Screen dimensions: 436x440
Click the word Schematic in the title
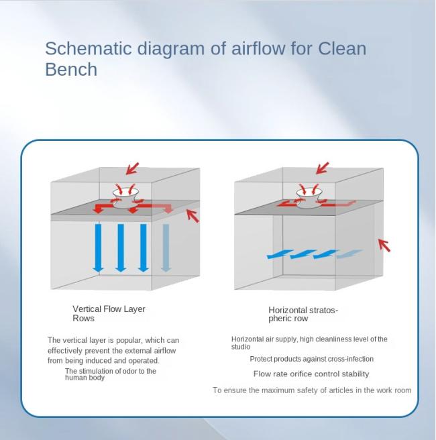click(x=88, y=48)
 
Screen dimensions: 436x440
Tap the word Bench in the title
click(x=71, y=69)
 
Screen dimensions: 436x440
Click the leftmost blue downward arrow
click(x=98, y=248)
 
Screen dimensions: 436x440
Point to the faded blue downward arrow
click(x=166, y=248)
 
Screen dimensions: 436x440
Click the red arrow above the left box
click(x=132, y=168)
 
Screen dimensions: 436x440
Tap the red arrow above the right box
click(x=322, y=168)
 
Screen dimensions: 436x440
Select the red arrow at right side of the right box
click(x=384, y=245)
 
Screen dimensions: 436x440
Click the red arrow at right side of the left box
click(x=193, y=216)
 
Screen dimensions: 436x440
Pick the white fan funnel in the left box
click(x=125, y=198)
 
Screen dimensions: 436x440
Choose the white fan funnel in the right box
click(x=309, y=198)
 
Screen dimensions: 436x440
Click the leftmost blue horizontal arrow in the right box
click(x=280, y=254)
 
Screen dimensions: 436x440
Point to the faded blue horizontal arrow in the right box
click(x=349, y=254)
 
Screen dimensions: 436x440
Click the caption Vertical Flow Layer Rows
click(x=109, y=313)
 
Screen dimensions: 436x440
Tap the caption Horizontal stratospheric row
click(x=303, y=314)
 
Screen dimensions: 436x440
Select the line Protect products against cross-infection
click(x=311, y=359)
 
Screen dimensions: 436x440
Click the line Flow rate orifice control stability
click(x=311, y=374)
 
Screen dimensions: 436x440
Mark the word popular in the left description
click(x=129, y=340)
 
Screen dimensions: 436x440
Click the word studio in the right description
click(x=241, y=347)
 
